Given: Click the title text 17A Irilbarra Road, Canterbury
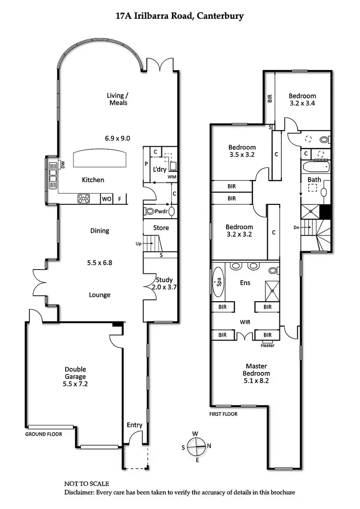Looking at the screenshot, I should [x=180, y=16].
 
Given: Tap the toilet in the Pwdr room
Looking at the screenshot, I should [x=150, y=211].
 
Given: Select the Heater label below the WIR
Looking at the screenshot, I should [x=268, y=345].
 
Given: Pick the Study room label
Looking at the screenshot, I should [x=164, y=283].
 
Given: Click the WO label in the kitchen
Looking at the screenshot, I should [x=106, y=199].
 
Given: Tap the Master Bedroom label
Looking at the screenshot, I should [x=256, y=373].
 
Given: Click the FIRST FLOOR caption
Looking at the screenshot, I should [x=224, y=414].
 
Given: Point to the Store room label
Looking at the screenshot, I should [x=161, y=228].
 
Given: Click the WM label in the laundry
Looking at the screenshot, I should [x=172, y=177].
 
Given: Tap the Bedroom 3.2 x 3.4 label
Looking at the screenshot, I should [x=302, y=99].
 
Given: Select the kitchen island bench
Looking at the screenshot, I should [x=100, y=158].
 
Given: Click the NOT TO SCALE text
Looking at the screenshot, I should [x=87, y=484].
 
